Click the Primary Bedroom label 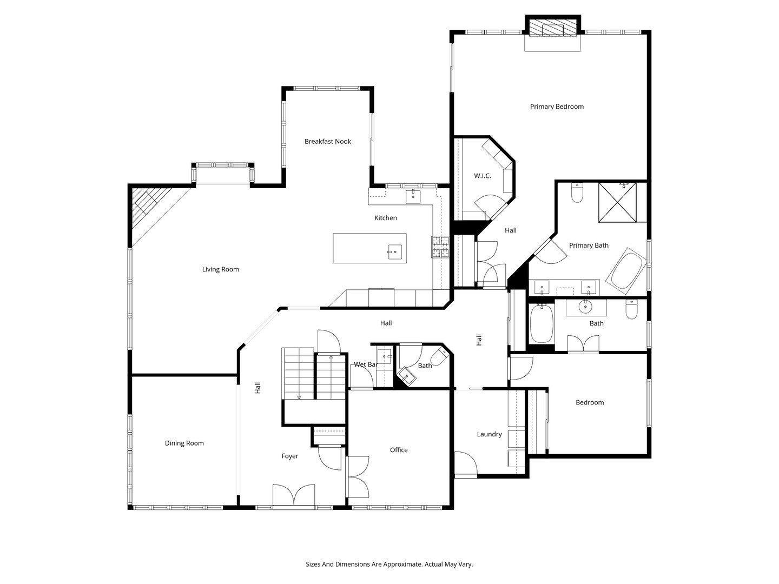coord(557,107)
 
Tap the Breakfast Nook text coord(327,141)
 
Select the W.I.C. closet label coord(482,176)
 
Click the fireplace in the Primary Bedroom coord(552,29)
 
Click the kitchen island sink coord(394,251)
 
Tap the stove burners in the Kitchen coord(440,247)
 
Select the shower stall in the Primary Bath coord(618,202)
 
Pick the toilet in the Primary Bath coord(577,193)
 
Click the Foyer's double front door coord(294,495)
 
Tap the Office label coord(399,450)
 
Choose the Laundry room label coord(489,434)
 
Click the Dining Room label coord(184,443)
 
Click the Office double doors coord(357,477)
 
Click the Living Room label coord(220,269)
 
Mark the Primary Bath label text coord(589,245)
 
